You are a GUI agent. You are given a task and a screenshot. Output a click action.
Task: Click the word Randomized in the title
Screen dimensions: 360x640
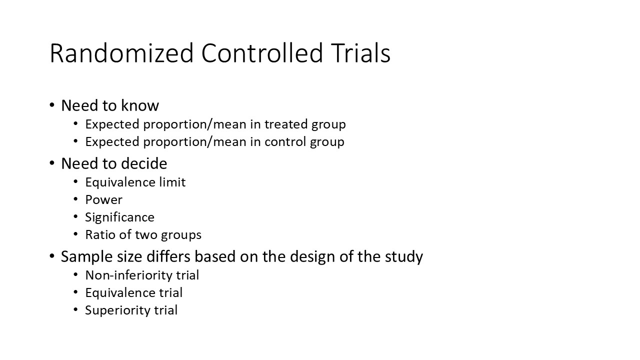pyautogui.click(x=121, y=53)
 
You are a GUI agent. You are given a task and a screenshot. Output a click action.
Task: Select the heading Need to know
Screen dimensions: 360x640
pyautogui.click(x=110, y=105)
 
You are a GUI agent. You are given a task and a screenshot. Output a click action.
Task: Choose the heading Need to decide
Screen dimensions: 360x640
pyautogui.click(x=114, y=163)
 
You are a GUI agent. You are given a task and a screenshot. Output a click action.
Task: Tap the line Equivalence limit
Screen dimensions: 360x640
pyautogui.click(x=135, y=182)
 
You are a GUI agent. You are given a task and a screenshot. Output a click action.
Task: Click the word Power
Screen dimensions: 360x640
pyautogui.click(x=103, y=200)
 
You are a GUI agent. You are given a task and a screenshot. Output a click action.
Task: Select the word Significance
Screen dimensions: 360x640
pyautogui.click(x=119, y=217)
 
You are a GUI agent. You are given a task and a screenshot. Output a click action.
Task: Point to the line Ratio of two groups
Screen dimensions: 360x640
pyautogui.click(x=143, y=235)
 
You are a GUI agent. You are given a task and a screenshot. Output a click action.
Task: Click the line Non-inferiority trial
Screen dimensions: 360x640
pyautogui.click(x=142, y=275)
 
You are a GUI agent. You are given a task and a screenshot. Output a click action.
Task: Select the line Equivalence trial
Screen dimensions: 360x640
pyautogui.click(x=133, y=292)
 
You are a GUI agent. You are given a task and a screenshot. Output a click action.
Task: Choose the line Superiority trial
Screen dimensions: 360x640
pyautogui.click(x=131, y=310)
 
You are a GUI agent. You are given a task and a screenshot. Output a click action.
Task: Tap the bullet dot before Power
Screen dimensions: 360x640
pyautogui.click(x=75, y=199)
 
